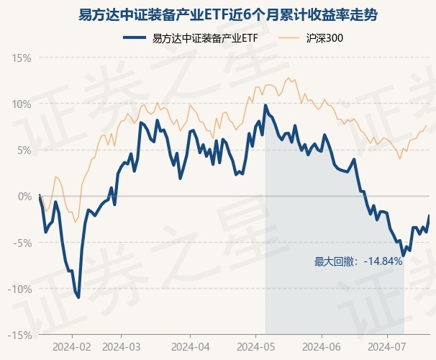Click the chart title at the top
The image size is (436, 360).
(218, 14)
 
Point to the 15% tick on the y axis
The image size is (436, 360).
(22, 58)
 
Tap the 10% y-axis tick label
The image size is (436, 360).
(22, 104)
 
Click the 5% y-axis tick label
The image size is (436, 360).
(24, 150)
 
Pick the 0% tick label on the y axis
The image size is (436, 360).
(24, 196)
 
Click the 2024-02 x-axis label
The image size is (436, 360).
(73, 346)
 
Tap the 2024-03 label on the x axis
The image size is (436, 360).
(121, 346)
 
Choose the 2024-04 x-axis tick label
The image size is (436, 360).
(189, 346)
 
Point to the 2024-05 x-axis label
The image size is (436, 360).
(257, 346)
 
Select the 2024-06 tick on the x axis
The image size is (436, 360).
(321, 346)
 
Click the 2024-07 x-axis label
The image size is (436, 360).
(386, 346)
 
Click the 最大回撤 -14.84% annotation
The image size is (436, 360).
(358, 261)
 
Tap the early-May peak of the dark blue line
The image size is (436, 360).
(265, 105)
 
